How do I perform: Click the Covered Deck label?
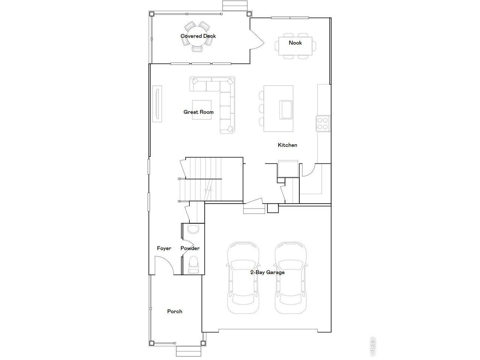[x=198, y=36]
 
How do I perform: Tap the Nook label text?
[x=295, y=43]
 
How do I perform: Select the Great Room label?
[x=198, y=112]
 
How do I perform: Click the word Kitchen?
[x=287, y=145]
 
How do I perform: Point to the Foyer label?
[x=164, y=248]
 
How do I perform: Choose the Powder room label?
[x=190, y=248]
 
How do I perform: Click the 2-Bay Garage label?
[x=267, y=272]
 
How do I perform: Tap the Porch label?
[x=174, y=311]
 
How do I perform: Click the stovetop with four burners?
[x=322, y=123]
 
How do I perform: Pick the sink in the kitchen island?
[x=286, y=109]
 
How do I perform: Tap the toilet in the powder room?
[x=193, y=264]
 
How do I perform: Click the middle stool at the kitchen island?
[x=261, y=109]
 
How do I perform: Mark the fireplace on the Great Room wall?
[x=157, y=104]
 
